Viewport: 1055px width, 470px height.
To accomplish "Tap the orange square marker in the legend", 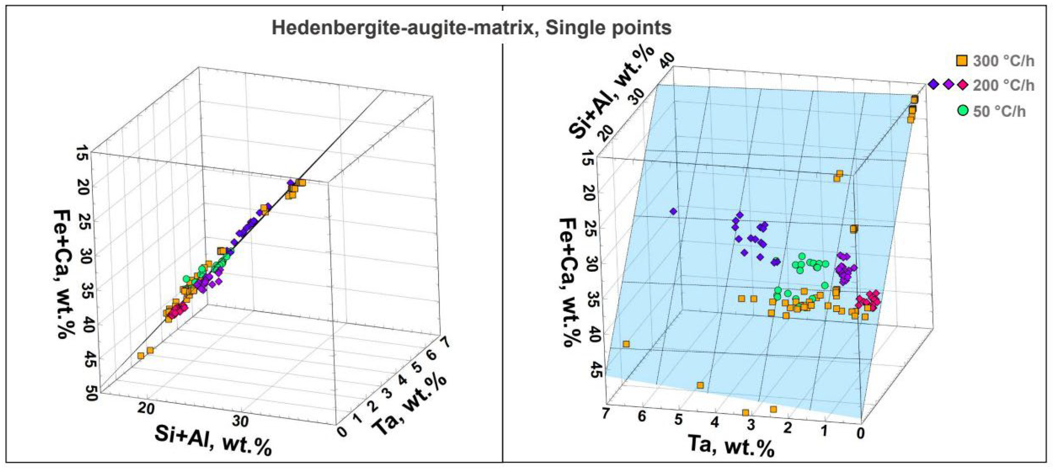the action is pyautogui.click(x=961, y=61).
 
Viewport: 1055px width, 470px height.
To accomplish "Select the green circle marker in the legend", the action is pyautogui.click(x=963, y=110).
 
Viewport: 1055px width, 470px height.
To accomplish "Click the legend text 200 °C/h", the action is pyautogui.click(x=1003, y=86).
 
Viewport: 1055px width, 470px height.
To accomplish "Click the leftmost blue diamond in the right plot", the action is pyautogui.click(x=673, y=211).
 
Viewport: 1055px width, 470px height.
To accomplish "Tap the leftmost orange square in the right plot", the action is pyautogui.click(x=626, y=344).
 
